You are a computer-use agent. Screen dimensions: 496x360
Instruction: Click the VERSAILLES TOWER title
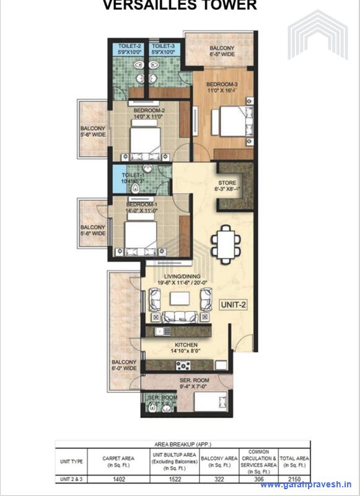[179, 6]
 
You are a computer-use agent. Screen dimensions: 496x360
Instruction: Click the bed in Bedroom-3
[230, 120]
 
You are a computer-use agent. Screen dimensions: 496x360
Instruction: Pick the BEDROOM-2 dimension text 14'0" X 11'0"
[147, 116]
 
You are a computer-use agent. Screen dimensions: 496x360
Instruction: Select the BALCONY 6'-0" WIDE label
[124, 365]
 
